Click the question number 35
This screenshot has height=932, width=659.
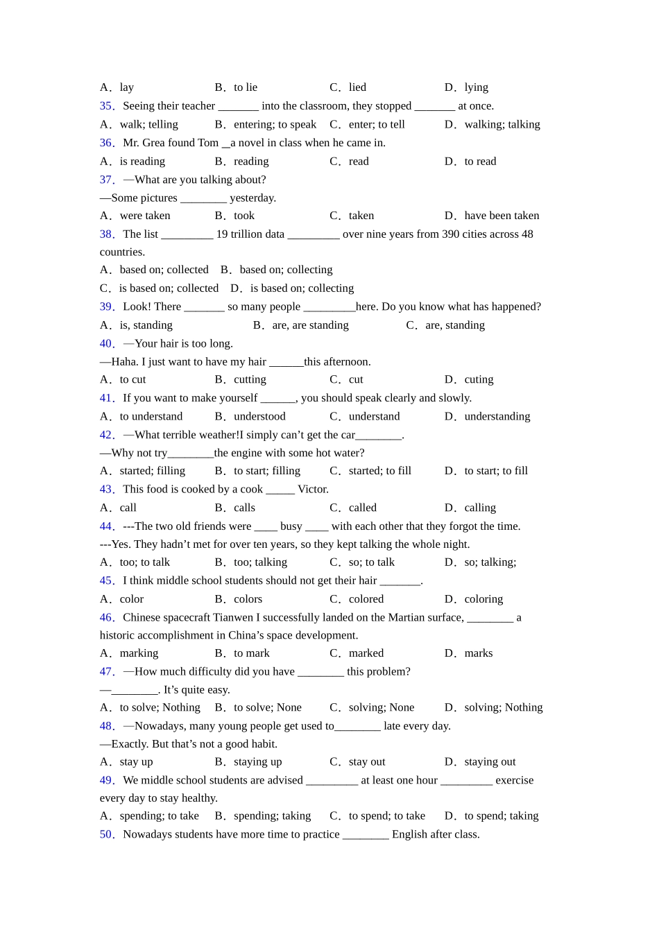(107, 106)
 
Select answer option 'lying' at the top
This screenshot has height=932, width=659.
(476, 87)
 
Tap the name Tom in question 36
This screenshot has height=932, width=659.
(208, 143)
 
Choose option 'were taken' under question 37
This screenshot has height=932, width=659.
(144, 216)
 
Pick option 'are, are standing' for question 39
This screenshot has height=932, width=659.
(310, 325)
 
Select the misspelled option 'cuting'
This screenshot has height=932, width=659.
(479, 380)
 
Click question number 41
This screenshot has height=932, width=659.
(107, 398)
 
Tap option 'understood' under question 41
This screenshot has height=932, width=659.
(259, 417)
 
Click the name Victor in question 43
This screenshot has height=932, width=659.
(313, 490)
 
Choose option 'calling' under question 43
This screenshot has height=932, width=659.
(480, 508)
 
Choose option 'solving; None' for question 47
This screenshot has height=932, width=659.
(381, 707)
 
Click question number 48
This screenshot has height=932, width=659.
(107, 726)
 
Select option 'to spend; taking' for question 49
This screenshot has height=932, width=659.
(501, 816)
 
